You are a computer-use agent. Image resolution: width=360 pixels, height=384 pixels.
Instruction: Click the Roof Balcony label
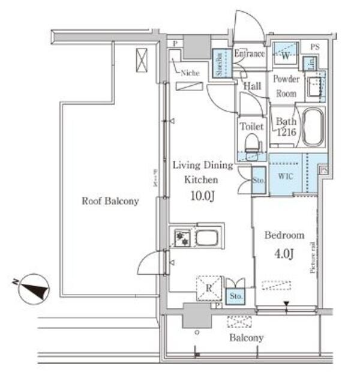click(110, 202)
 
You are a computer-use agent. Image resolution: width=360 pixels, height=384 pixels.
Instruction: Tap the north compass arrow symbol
click(34, 289)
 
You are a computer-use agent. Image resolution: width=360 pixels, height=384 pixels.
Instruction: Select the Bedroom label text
click(284, 235)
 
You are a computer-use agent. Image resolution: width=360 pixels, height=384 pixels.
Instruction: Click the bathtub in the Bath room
click(313, 127)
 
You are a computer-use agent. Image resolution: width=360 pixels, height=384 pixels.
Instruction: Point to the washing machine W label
click(286, 56)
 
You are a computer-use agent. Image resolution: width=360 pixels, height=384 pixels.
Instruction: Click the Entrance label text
click(249, 54)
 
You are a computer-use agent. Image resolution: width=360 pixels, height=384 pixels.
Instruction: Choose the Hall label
click(252, 86)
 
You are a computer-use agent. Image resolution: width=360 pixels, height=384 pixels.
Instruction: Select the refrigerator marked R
click(208, 286)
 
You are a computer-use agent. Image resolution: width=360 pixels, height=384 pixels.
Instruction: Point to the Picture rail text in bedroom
click(313, 258)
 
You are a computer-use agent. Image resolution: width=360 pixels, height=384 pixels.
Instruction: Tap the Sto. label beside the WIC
click(259, 179)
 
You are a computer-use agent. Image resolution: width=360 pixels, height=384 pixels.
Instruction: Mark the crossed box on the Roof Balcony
click(141, 61)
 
